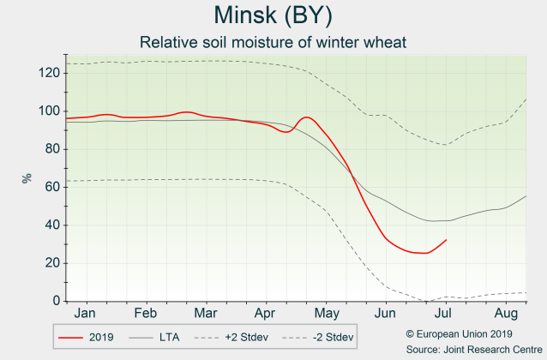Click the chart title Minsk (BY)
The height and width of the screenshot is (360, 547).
tap(272, 16)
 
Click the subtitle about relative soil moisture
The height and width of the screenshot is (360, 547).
tap(272, 42)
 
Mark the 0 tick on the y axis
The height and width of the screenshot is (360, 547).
tap(54, 301)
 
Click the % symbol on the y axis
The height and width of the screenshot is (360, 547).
tap(27, 178)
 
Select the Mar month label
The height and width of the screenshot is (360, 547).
tap(205, 314)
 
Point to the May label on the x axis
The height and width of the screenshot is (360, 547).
tap(325, 314)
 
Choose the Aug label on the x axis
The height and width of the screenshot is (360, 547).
tap(507, 314)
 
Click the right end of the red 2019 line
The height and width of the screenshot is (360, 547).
tap(446, 240)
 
